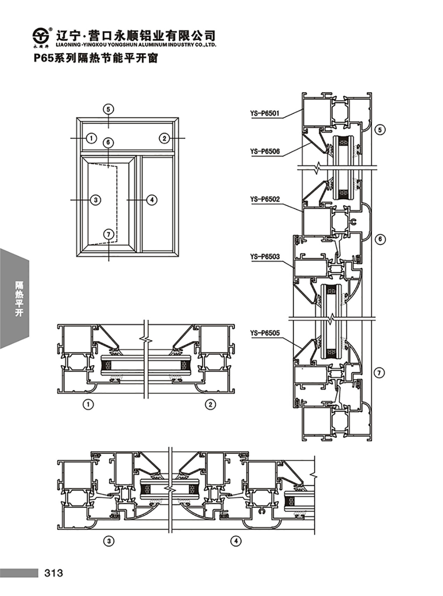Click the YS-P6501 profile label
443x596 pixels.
(x=264, y=114)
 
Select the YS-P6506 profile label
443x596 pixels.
(x=265, y=152)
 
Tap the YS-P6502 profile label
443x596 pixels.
(x=265, y=200)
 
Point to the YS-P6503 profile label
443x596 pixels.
(x=265, y=257)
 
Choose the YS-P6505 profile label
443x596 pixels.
(x=265, y=333)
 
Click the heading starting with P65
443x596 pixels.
(x=96, y=58)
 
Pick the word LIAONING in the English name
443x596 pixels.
(x=67, y=45)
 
